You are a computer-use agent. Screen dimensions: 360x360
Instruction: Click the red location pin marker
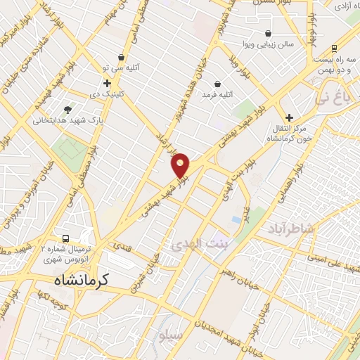tap(181, 165)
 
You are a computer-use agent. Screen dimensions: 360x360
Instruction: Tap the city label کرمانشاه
tap(83, 280)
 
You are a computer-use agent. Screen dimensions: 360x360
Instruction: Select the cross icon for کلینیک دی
tap(107, 83)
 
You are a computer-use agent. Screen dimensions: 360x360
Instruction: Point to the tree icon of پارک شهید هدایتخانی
tap(67, 110)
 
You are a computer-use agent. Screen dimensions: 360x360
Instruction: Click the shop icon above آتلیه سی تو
tap(123, 58)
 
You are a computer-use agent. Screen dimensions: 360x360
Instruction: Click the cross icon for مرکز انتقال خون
tap(289, 117)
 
